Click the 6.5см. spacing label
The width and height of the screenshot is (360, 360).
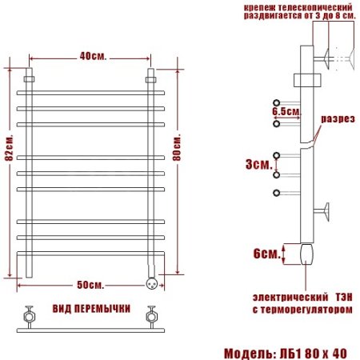(x=286, y=112)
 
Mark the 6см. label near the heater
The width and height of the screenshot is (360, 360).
(x=265, y=254)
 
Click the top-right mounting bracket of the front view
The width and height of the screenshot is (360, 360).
(x=150, y=80)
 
